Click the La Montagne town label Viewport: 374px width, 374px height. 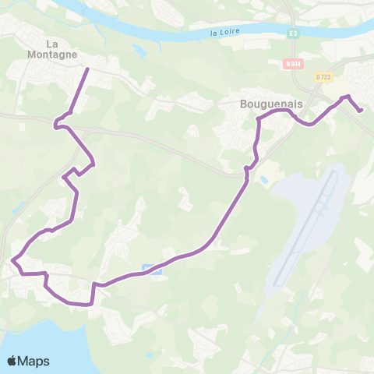click(54, 49)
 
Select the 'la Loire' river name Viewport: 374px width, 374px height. click(226, 33)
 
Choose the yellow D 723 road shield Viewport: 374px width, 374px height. click(323, 76)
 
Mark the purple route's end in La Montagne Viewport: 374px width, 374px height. click(86, 69)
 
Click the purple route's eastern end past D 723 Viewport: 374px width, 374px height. click(362, 111)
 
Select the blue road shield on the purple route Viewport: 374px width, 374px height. click(152, 270)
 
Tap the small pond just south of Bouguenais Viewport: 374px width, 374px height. click(264, 180)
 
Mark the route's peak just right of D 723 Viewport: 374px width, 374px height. click(348, 96)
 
